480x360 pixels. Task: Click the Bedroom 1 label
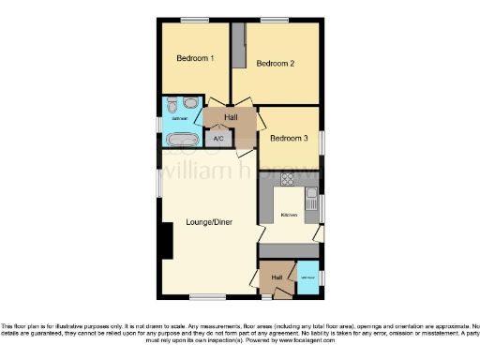coord(196,58)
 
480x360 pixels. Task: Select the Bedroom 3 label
coord(288,139)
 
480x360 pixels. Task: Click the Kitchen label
coord(290,216)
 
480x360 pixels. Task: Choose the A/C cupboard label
coord(218,140)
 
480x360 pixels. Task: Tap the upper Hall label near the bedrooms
coord(231,116)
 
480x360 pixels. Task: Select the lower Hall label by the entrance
coord(277,277)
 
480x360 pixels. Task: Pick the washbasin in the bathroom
coord(170,105)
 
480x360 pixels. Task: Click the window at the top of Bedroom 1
coord(194,20)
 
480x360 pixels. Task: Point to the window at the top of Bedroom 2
coord(274,20)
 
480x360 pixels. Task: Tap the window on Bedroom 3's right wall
coord(322,142)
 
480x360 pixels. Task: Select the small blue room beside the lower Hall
coord(307,277)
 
